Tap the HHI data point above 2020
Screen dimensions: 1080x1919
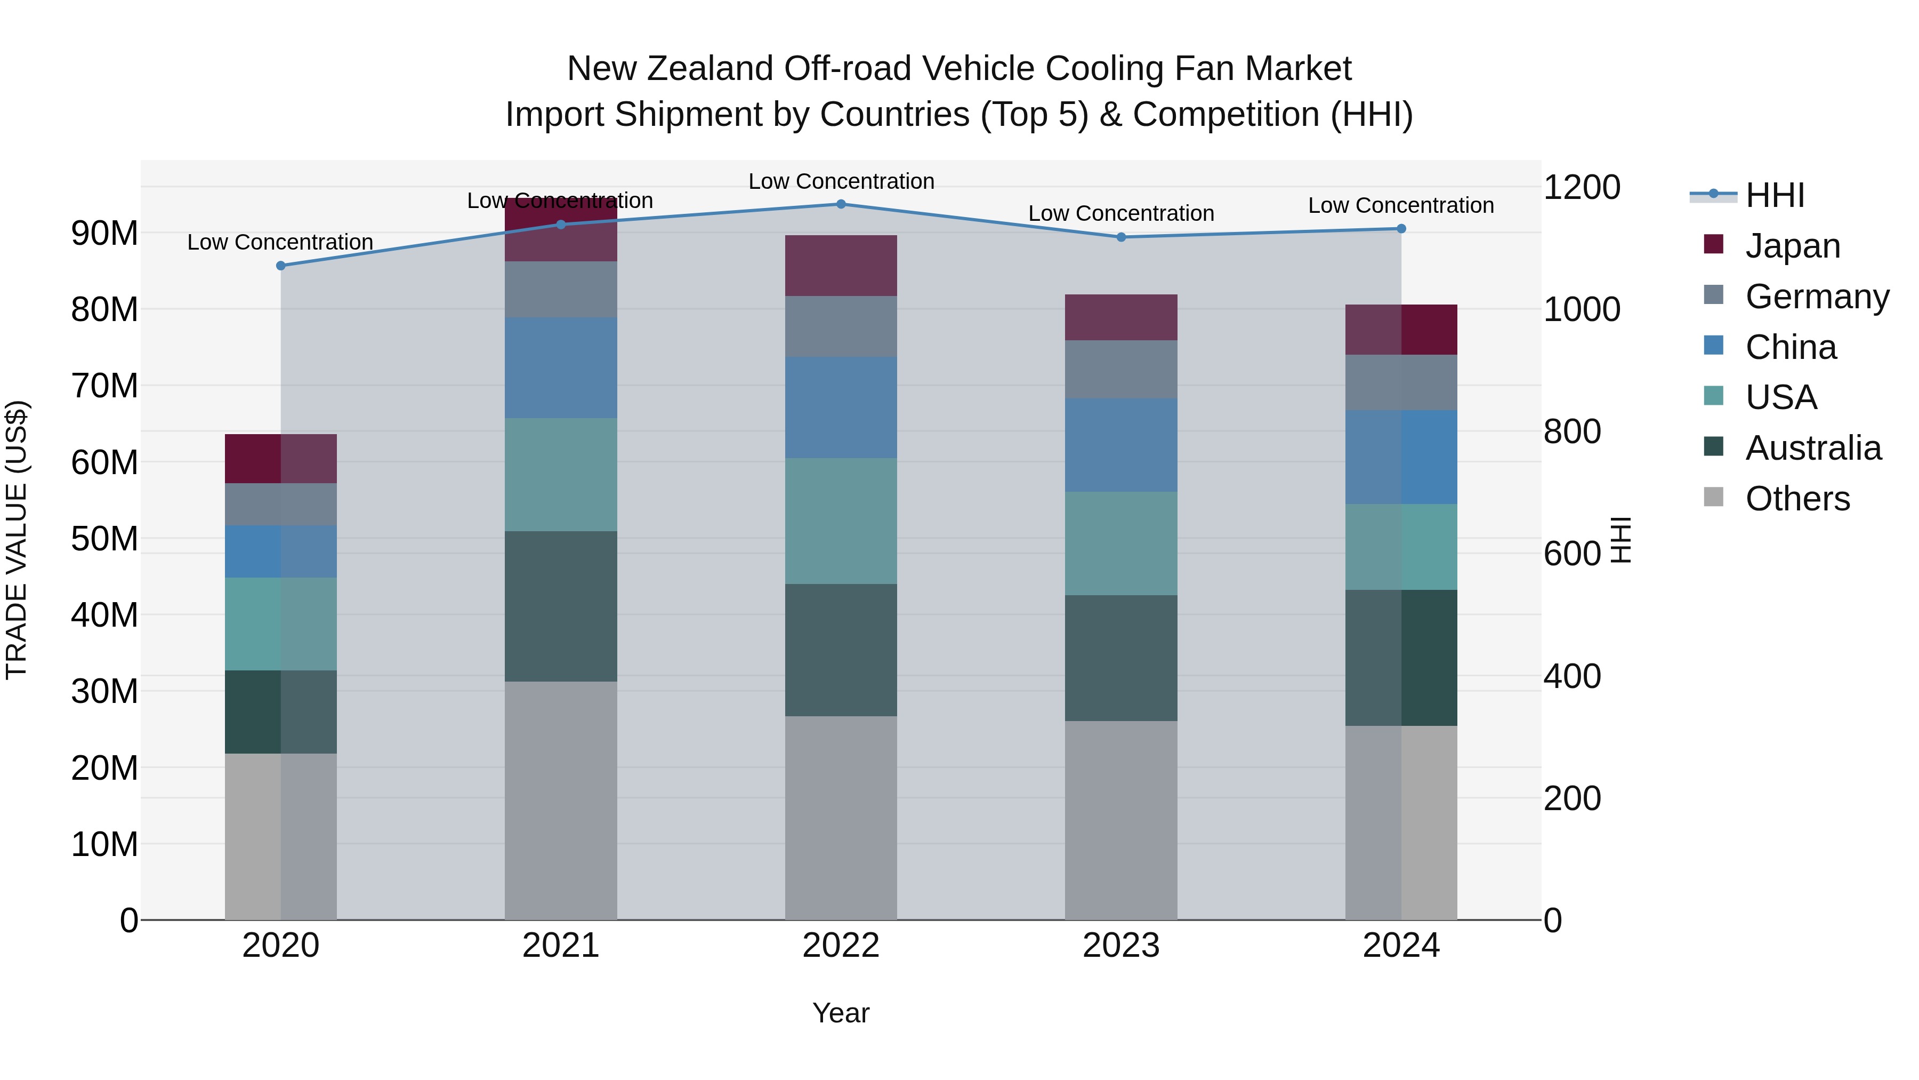pyautogui.click(x=281, y=266)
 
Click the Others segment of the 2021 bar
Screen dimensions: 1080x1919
pyautogui.click(x=560, y=800)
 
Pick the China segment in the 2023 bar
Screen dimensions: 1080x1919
pyautogui.click(x=1120, y=444)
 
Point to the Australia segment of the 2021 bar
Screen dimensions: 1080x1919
pyautogui.click(x=560, y=605)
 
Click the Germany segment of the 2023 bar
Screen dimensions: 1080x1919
pyautogui.click(x=1120, y=369)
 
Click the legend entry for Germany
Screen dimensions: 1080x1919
pyautogui.click(x=1816, y=296)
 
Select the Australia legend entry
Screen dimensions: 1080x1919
pyautogui.click(x=1812, y=448)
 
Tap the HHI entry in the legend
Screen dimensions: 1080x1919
pyautogui.click(x=1775, y=195)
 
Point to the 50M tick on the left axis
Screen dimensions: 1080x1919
pyautogui.click(x=104, y=538)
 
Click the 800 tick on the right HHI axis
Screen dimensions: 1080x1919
pyautogui.click(x=1572, y=431)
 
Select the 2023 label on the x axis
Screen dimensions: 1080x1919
pyautogui.click(x=1120, y=945)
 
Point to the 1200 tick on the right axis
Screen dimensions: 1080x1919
pyautogui.click(x=1581, y=187)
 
